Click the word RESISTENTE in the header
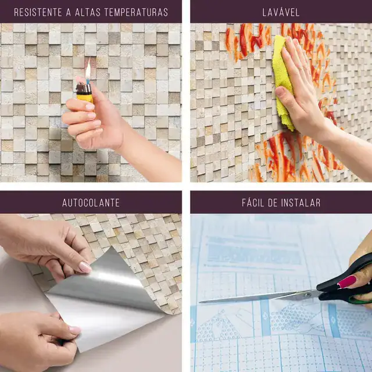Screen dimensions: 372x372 coord(38,12)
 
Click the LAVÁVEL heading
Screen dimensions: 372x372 coord(281,12)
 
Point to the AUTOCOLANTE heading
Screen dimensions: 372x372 coord(91,203)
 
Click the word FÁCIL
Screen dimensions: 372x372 coord(252,203)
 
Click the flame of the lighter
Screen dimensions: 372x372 coord(88,70)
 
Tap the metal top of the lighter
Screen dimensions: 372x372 coord(84,88)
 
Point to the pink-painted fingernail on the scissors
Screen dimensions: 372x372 coord(346,281)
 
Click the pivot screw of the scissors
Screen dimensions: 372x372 coord(307,295)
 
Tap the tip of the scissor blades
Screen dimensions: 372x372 coord(199,302)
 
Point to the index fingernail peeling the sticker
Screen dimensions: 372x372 coord(85,267)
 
